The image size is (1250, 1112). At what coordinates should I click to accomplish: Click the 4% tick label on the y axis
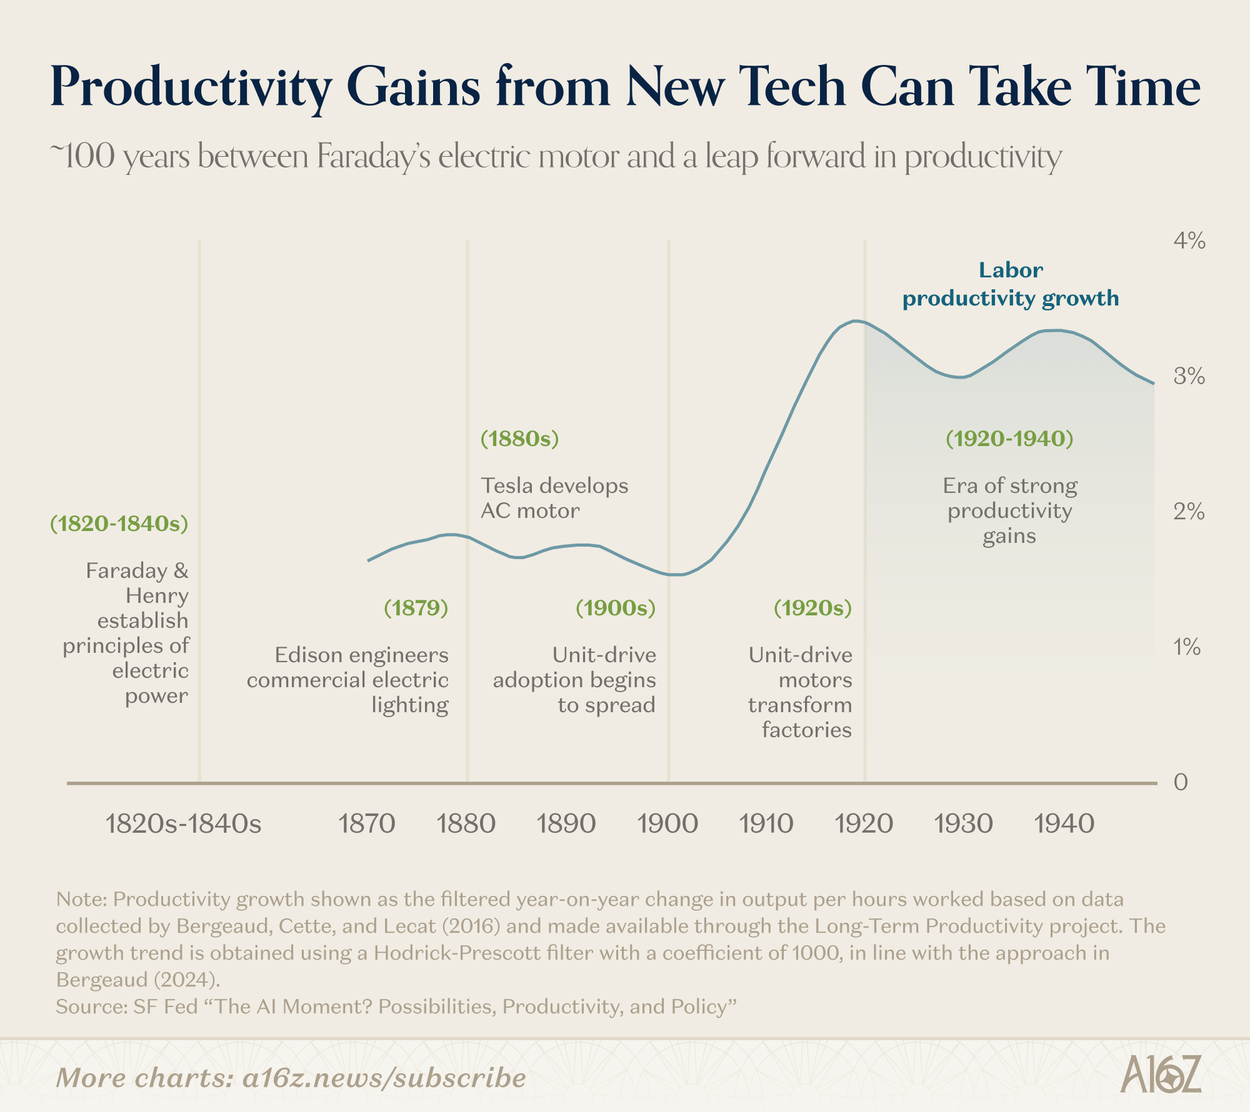[x=1189, y=241]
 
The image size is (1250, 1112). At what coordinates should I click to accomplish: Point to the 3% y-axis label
[x=1189, y=376]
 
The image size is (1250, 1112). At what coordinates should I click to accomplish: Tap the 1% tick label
[x=1187, y=647]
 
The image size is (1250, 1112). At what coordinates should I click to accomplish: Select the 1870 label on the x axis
[x=366, y=824]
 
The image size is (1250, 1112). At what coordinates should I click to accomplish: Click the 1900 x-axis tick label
[x=667, y=824]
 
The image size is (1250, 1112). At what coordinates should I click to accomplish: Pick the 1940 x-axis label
[x=1064, y=824]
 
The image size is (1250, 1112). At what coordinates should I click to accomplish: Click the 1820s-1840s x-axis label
[x=184, y=824]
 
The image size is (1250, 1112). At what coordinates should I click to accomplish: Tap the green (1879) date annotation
[x=416, y=608]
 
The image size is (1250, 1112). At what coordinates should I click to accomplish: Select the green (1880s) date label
[x=519, y=439]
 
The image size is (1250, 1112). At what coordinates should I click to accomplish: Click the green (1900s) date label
[x=616, y=608]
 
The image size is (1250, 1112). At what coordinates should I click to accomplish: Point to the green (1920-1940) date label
[x=1009, y=439]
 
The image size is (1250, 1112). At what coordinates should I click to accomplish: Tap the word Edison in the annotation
[x=309, y=655]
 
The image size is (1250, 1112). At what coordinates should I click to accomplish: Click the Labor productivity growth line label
[x=1011, y=285]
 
